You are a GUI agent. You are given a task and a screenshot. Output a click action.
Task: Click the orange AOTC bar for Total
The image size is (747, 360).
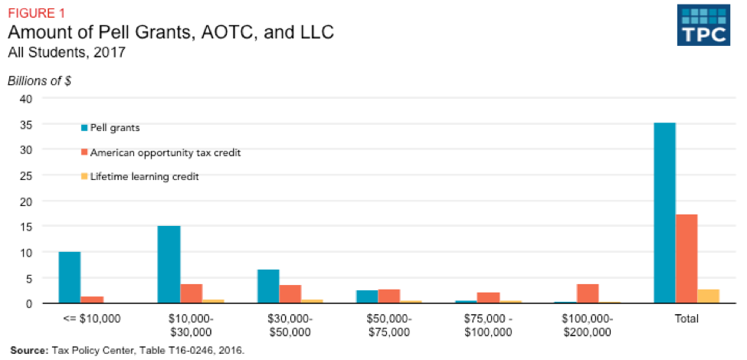[x=686, y=259]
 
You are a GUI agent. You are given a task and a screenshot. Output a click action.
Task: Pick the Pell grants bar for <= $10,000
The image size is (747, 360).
[x=69, y=277]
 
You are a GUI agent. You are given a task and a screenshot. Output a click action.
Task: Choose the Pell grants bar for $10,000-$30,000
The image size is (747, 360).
[x=169, y=264]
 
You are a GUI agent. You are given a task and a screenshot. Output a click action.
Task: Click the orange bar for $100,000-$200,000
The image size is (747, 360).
[x=588, y=293]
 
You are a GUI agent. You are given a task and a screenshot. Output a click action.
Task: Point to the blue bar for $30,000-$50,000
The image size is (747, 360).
[x=268, y=286]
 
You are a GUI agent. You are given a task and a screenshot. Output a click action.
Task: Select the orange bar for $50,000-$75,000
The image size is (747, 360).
[x=389, y=296]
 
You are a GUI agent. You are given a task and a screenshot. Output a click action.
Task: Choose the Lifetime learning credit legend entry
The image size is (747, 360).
[x=139, y=177]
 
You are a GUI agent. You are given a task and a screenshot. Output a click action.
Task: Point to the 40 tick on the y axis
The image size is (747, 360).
[x=25, y=99]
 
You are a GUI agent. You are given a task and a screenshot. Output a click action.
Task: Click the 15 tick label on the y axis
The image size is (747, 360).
[x=25, y=227]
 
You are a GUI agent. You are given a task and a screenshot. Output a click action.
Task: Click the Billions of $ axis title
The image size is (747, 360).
[x=39, y=81]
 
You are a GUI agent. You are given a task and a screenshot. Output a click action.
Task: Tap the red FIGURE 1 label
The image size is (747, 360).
[x=34, y=11]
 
